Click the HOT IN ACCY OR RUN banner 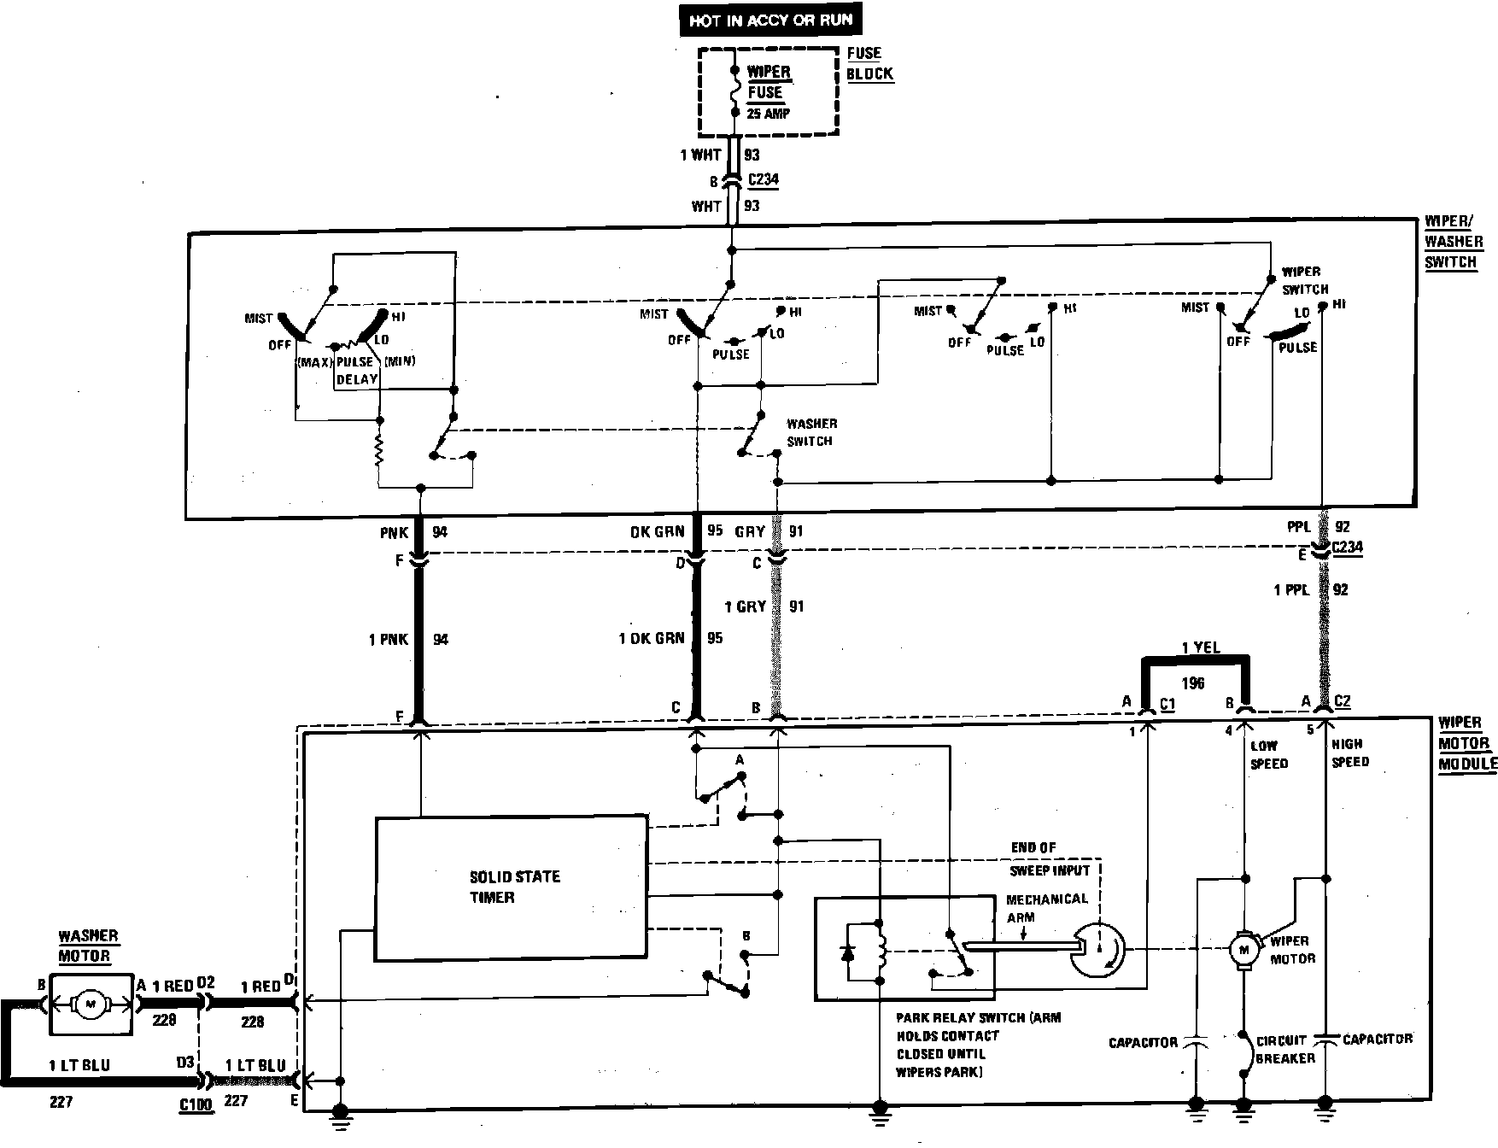pyautogui.click(x=770, y=20)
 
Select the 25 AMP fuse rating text pyautogui.click(x=769, y=114)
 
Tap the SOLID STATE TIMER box pyautogui.click(x=511, y=887)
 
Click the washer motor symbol pyautogui.click(x=91, y=1005)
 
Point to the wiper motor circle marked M pyautogui.click(x=1243, y=948)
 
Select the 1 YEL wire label pyautogui.click(x=1200, y=647)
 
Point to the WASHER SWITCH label pyautogui.click(x=810, y=432)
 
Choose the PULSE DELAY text pyautogui.click(x=356, y=370)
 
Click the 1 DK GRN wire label pyautogui.click(x=651, y=638)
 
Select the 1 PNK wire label pyautogui.click(x=389, y=639)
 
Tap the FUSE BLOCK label pyautogui.click(x=869, y=63)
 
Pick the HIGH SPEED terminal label pyautogui.click(x=1349, y=753)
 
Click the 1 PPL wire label pyautogui.click(x=1292, y=589)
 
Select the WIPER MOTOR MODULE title pyautogui.click(x=1466, y=743)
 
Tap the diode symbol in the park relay pyautogui.click(x=848, y=953)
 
